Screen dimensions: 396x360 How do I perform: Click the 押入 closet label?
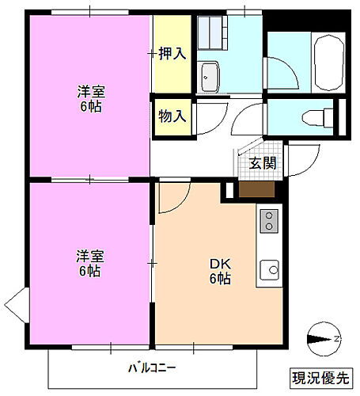pyautogui.click(x=172, y=54)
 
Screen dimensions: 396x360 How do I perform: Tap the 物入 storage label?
pyautogui.click(x=172, y=116)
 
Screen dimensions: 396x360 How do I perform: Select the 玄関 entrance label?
pyautogui.click(x=263, y=163)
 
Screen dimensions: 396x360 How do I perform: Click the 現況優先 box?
pyautogui.click(x=321, y=375)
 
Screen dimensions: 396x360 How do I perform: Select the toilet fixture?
pyautogui.click(x=316, y=116)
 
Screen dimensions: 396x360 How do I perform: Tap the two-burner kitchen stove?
pyautogui.click(x=269, y=220)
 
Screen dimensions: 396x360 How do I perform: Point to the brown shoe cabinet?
pyautogui.click(x=256, y=189)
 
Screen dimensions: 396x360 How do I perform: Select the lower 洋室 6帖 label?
pyautogui.click(x=89, y=264)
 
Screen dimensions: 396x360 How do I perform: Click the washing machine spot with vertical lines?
pyautogui.click(x=212, y=32)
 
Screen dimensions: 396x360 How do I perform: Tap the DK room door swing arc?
pyautogui.click(x=169, y=200)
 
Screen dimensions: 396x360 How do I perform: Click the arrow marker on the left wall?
pyautogui.click(x=17, y=303)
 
